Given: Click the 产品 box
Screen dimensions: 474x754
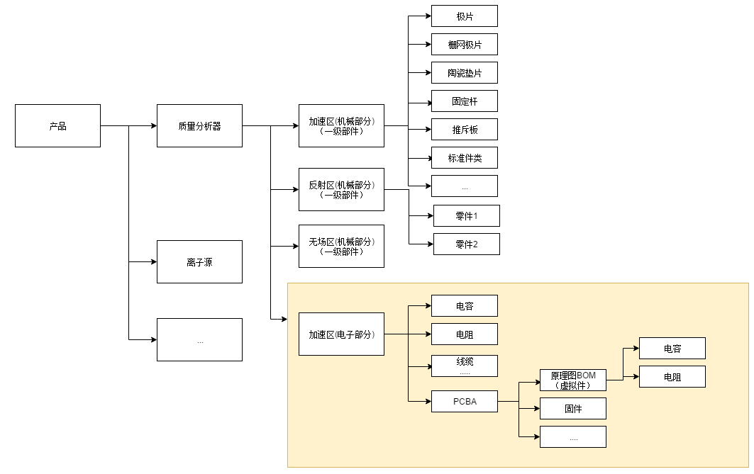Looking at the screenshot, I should pos(57,126).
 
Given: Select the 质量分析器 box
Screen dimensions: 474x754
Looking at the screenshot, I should pos(199,126).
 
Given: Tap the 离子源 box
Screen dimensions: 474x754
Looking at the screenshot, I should pos(199,261).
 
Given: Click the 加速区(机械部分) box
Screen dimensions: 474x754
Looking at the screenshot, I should pos(341,126).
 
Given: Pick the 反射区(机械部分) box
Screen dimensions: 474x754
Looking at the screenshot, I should pos(341,189).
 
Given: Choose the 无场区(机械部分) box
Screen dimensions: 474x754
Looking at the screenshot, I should pos(341,246).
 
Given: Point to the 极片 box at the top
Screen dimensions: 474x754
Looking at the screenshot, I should pos(465,16).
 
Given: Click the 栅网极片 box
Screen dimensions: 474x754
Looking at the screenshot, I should pos(465,45).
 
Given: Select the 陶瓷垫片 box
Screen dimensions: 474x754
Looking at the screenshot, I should pos(465,73).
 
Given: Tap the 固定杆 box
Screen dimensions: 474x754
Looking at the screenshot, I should pos(465,101).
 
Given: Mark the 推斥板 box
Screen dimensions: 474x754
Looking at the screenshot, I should pos(465,130).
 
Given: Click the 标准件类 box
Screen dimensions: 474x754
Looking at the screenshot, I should pos(465,158).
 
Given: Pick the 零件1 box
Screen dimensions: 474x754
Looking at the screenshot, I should pos(467,215).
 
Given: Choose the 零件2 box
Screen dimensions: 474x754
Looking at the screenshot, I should pos(467,244).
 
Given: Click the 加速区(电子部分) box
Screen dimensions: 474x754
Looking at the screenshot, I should pos(341,334).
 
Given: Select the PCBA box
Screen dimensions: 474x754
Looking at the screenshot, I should pos(465,401).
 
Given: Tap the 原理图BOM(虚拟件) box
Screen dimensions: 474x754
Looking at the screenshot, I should pos(573,380).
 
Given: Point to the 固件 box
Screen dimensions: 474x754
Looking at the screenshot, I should pos(573,408).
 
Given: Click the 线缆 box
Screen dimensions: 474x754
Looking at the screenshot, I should pos(465,366).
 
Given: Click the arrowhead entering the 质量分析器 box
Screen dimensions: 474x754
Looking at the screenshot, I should pos(153,126).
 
